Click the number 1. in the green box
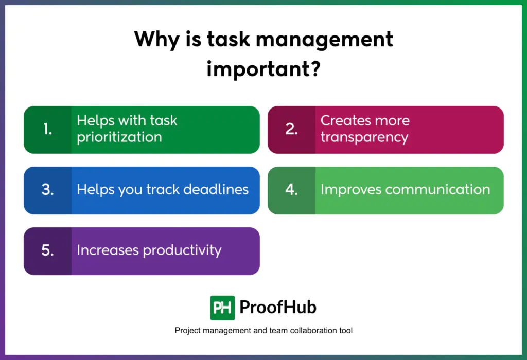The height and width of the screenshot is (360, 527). click(x=48, y=129)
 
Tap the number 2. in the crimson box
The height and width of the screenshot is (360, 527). click(x=291, y=129)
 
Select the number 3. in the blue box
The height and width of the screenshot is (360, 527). click(x=48, y=190)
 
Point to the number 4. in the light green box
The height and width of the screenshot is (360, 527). click(x=291, y=190)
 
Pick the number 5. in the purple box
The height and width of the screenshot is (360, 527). click(x=48, y=250)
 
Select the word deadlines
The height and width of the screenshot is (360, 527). click(x=216, y=189)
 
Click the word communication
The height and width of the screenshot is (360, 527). click(x=437, y=190)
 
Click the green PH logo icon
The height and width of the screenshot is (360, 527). click(x=222, y=308)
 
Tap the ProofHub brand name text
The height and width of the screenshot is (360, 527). click(x=278, y=307)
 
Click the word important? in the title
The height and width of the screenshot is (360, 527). click(x=263, y=69)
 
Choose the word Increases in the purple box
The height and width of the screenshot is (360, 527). click(x=108, y=250)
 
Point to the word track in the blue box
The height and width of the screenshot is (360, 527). click(x=163, y=189)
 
